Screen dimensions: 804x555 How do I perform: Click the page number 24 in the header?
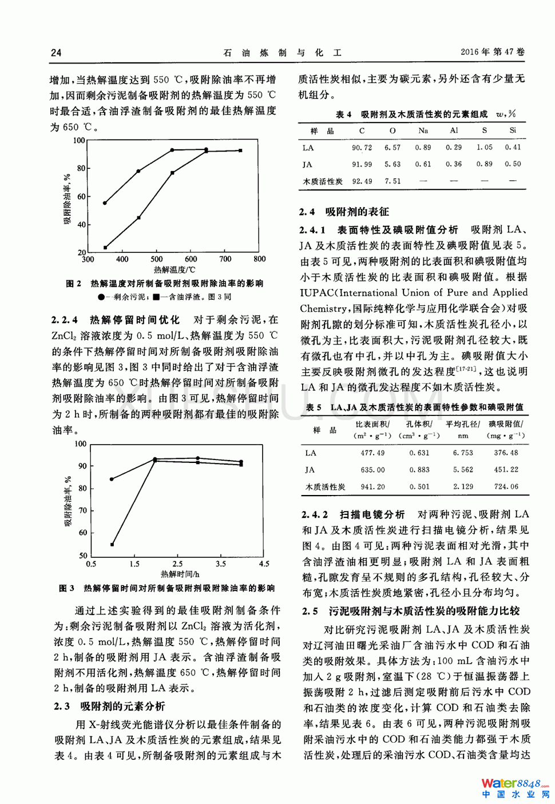coord(56,53)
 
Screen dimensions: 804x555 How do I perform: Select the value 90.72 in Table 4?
coord(362,148)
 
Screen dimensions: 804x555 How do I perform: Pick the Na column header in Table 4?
coord(423,130)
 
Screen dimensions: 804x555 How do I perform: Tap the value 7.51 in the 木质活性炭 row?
coord(393,181)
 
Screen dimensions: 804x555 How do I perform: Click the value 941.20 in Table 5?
coord(372,487)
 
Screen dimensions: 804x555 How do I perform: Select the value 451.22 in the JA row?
coord(506,470)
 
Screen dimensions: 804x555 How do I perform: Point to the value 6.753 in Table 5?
coord(463,453)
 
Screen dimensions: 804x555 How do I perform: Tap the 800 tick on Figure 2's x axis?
coord(260,259)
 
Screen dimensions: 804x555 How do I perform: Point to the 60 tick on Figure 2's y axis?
coord(81,197)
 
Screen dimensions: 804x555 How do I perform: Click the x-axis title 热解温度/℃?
coord(175,270)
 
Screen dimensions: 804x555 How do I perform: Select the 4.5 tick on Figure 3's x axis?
coord(264,564)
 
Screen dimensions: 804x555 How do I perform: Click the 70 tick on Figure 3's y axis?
coord(83,510)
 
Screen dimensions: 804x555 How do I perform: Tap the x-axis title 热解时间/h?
coord(180,574)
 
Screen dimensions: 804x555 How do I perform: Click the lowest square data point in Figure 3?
coord(113,544)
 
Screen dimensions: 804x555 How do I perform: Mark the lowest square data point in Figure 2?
coord(105,248)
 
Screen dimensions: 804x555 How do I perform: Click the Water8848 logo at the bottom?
coord(514,787)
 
